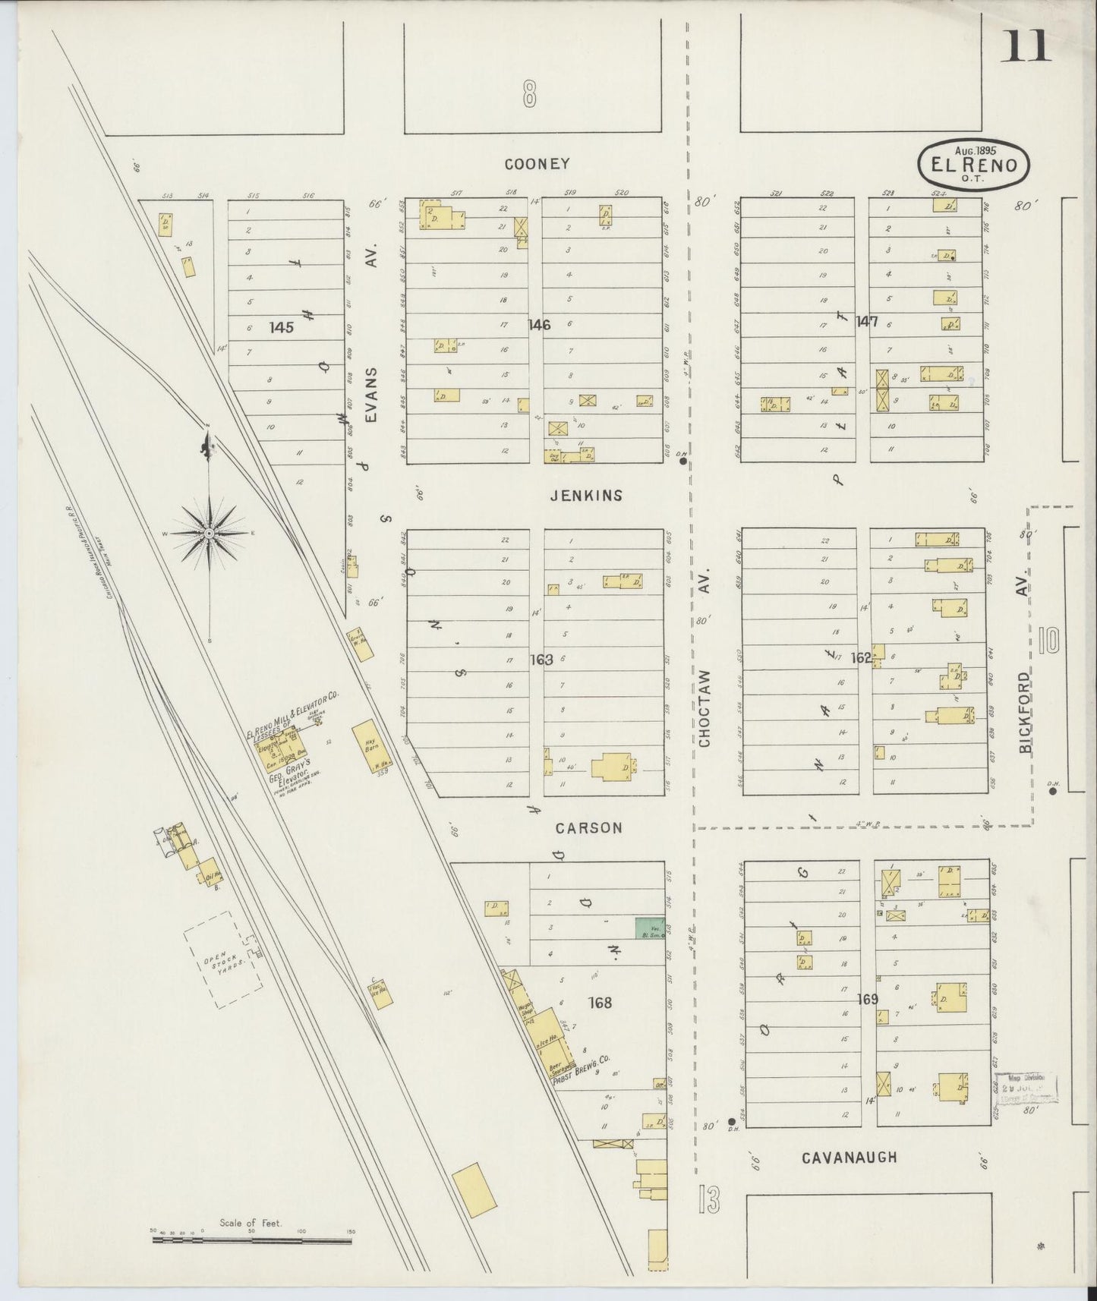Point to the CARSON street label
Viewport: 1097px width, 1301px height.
click(588, 828)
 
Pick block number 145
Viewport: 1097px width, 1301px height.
click(281, 328)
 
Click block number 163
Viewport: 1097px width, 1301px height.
click(541, 660)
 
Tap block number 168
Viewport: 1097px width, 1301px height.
click(600, 1003)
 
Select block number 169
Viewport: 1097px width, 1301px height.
click(867, 999)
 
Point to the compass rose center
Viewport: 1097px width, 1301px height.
click(208, 534)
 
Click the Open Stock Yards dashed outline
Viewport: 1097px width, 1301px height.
click(223, 960)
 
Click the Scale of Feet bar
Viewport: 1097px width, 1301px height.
click(252, 1242)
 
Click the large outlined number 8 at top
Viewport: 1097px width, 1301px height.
click(529, 96)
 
